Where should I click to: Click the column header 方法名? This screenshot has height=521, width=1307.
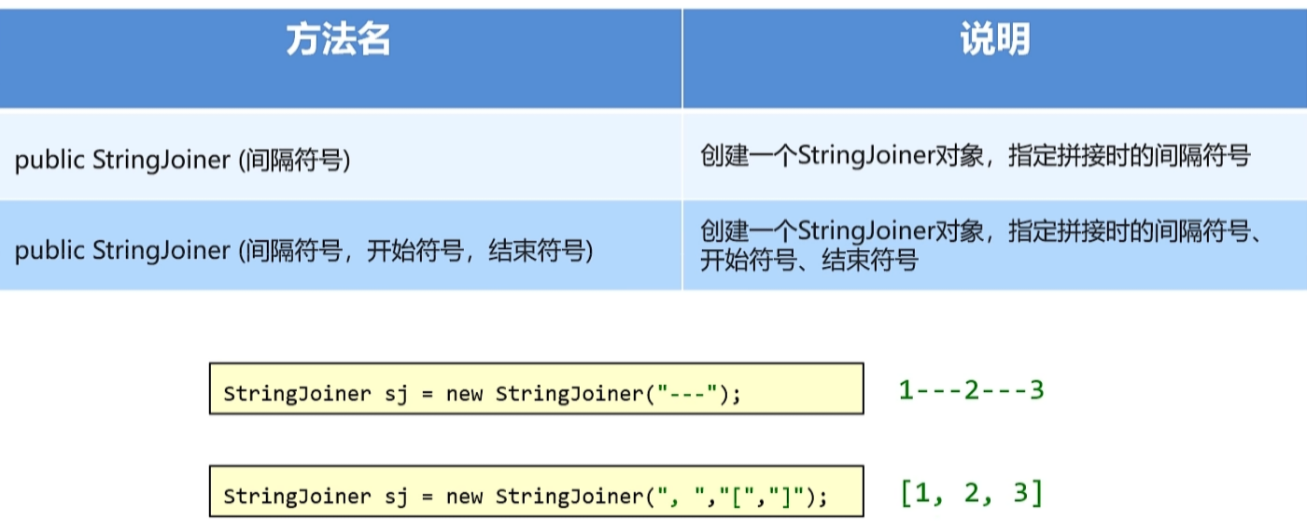click(338, 41)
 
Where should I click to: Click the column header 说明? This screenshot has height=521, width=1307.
click(994, 41)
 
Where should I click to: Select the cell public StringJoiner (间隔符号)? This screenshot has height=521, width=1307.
click(183, 160)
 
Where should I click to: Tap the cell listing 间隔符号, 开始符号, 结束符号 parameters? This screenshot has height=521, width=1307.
click(304, 250)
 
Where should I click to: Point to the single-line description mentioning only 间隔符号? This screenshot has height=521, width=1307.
click(975, 156)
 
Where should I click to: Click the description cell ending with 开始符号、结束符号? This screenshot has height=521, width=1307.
click(981, 246)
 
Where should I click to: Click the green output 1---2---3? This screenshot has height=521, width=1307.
click(971, 389)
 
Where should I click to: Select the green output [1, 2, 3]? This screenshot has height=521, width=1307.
click(971, 492)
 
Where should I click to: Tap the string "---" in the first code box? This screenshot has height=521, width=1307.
click(687, 394)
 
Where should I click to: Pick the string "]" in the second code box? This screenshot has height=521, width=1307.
click(780, 496)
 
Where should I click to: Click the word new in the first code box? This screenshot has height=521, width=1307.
click(464, 394)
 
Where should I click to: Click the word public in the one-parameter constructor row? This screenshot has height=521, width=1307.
click(50, 160)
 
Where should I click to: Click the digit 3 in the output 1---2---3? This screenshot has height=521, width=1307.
click(1035, 389)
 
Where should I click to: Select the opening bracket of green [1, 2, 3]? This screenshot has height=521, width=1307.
click(906, 492)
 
